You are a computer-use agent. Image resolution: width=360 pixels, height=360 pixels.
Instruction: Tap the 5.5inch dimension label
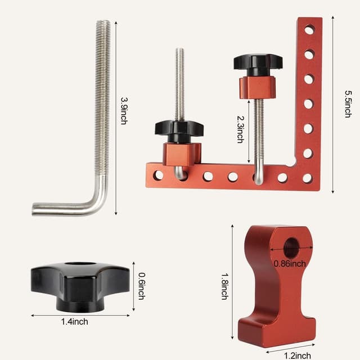tap(347, 103)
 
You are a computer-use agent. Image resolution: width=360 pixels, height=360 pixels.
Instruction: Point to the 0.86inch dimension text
tap(290, 263)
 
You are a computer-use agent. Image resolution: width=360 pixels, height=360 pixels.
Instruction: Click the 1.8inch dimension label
tap(224, 286)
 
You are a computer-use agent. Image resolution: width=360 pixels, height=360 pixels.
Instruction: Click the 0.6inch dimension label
tap(141, 286)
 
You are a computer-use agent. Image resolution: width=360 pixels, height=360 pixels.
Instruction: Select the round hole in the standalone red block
tap(291, 247)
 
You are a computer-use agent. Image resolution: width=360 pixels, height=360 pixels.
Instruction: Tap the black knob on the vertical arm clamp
tap(258, 63)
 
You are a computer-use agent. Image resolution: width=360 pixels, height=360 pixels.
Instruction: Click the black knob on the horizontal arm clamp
tap(179, 129)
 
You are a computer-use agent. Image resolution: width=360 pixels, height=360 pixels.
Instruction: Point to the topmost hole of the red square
tap(309, 30)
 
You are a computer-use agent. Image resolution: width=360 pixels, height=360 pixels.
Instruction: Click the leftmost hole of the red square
tap(158, 175)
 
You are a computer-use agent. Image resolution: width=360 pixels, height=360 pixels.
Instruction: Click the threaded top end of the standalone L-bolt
tap(103, 28)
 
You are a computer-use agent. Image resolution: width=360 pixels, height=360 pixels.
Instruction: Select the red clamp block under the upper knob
tap(258, 87)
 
